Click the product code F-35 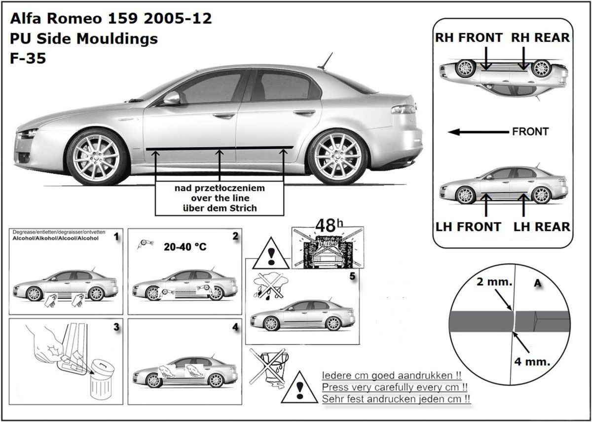[x=28, y=58]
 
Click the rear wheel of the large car [x=337, y=156]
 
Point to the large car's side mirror [x=171, y=98]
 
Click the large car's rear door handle [x=303, y=113]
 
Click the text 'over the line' [x=219, y=198]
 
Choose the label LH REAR [x=542, y=227]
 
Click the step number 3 [x=116, y=327]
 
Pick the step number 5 [x=352, y=276]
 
